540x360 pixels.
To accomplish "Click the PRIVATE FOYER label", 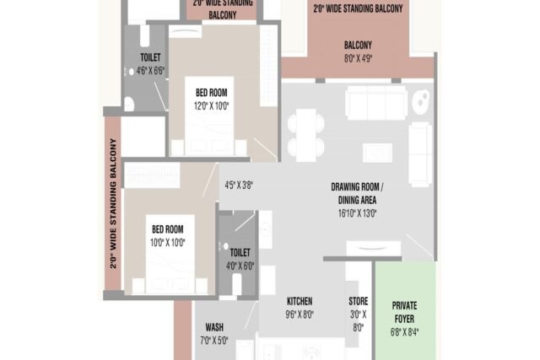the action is click(404, 312).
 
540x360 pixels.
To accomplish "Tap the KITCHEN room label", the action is click(300, 301).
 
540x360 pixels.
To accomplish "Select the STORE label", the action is click(358, 301).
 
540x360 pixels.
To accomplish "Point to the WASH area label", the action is click(214, 326).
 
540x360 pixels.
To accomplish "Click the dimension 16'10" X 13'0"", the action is click(357, 213).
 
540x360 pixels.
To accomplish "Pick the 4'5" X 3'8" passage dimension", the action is click(239, 185).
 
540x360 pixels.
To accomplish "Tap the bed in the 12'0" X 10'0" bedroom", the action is click(209, 116).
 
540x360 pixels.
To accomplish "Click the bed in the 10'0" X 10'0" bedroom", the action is click(170, 255).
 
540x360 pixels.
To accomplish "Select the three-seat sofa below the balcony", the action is click(376, 103).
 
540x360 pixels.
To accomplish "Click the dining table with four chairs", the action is click(305, 135).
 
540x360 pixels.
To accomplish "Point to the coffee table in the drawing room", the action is click(377, 153).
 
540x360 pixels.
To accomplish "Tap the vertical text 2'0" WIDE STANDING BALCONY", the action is click(113, 203).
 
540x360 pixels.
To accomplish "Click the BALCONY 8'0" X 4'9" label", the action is click(358, 51).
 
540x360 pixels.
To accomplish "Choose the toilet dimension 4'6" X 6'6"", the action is click(150, 71).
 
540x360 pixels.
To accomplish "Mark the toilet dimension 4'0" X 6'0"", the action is click(240, 266).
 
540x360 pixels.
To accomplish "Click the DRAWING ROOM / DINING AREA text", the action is click(357, 193).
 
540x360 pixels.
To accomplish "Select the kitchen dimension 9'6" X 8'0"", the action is click(300, 314).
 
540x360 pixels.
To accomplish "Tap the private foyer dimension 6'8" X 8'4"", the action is click(404, 332).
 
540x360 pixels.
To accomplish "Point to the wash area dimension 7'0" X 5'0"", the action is click(214, 341).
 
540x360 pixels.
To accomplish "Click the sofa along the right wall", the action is click(420, 154).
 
